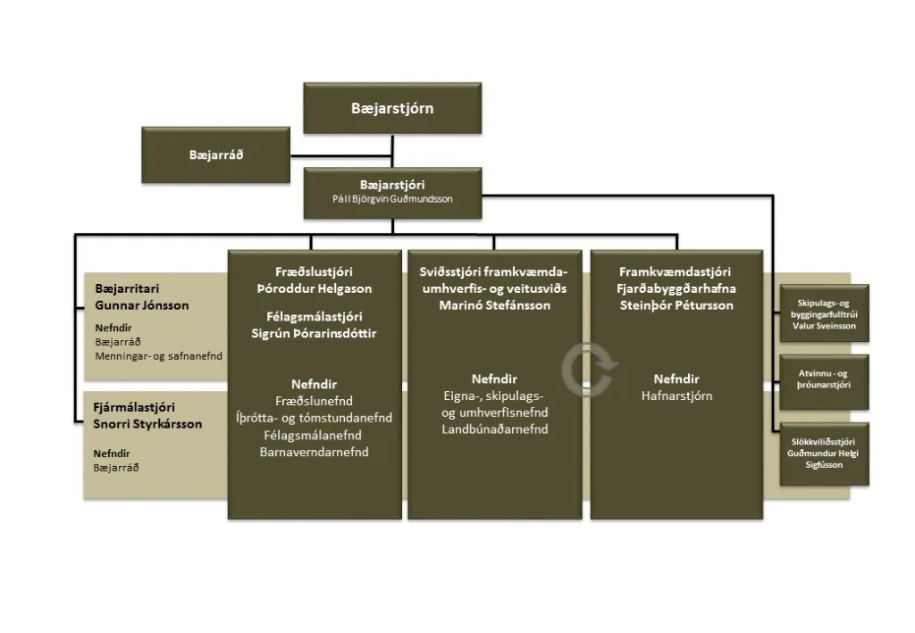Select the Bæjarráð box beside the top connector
tap(216, 154)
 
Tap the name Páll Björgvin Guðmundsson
tap(392, 199)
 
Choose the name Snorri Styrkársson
tap(147, 423)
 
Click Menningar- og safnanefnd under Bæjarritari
tap(158, 356)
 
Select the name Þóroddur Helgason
tap(313, 288)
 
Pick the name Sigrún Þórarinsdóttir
tap(313, 333)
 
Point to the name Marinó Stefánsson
tap(494, 305)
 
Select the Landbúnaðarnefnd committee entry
tap(494, 429)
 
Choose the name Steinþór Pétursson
tap(676, 305)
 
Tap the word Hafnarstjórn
tap(676, 396)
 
